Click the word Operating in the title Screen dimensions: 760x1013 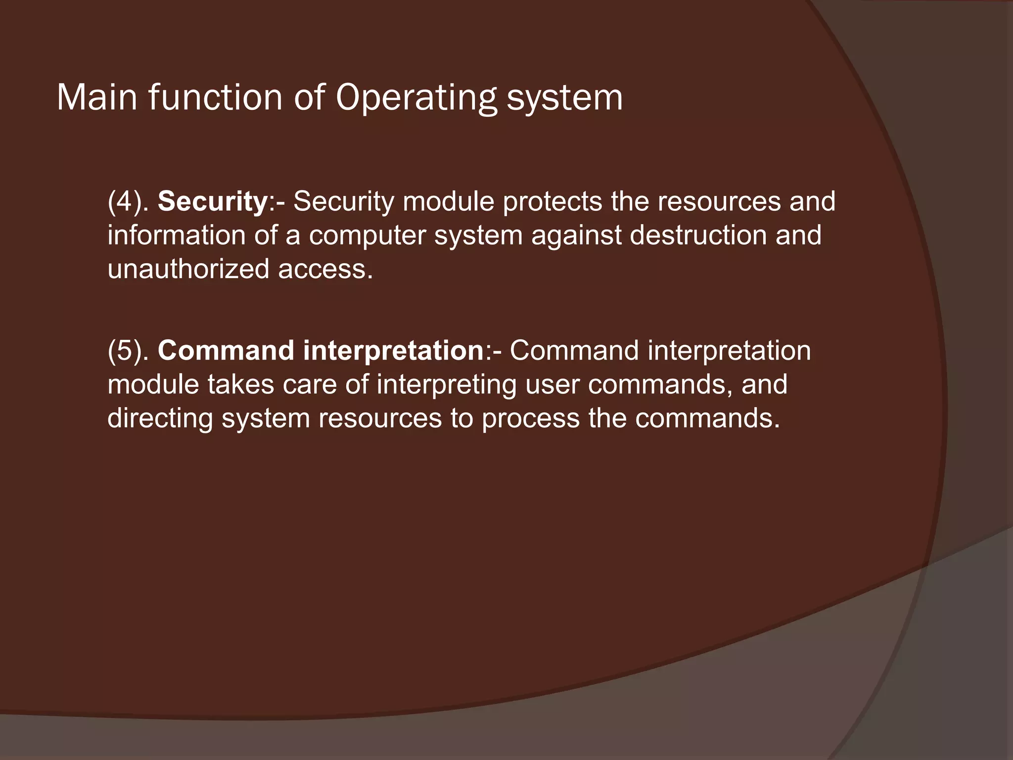pos(416,98)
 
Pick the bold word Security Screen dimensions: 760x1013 pos(213,202)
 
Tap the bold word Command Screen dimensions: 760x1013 pos(226,351)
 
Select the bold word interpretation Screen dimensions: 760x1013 pos(393,351)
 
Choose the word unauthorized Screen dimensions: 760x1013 pos(188,269)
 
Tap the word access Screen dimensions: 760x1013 pos(325,270)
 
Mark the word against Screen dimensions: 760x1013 pos(576,235)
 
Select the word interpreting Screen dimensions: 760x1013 pos(446,385)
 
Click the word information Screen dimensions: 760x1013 pos(176,235)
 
